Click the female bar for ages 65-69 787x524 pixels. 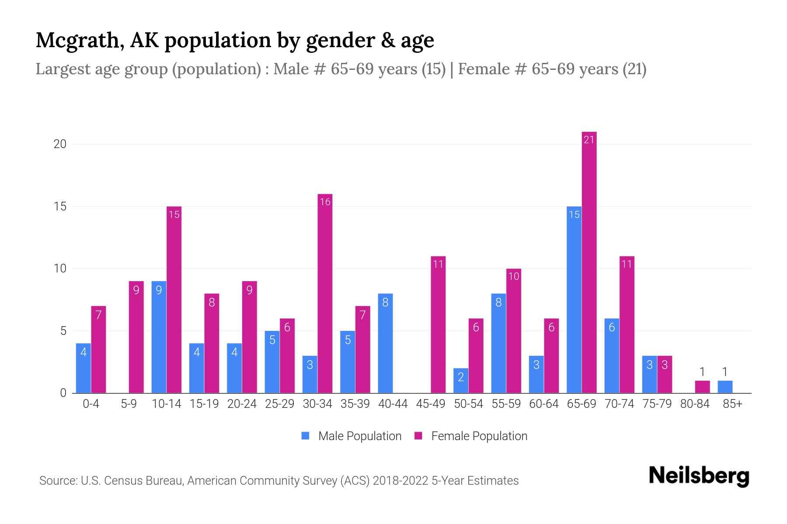coord(589,262)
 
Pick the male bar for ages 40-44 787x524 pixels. coord(385,343)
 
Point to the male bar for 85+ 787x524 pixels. coord(724,387)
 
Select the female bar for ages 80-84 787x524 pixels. coord(702,387)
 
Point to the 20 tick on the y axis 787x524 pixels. coord(60,144)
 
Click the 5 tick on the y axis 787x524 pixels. coord(63,331)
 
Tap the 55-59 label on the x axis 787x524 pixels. coord(506,404)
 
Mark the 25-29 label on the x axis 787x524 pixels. coord(279,404)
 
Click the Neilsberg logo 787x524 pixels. coord(699,476)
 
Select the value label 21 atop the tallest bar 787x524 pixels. coord(589,140)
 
